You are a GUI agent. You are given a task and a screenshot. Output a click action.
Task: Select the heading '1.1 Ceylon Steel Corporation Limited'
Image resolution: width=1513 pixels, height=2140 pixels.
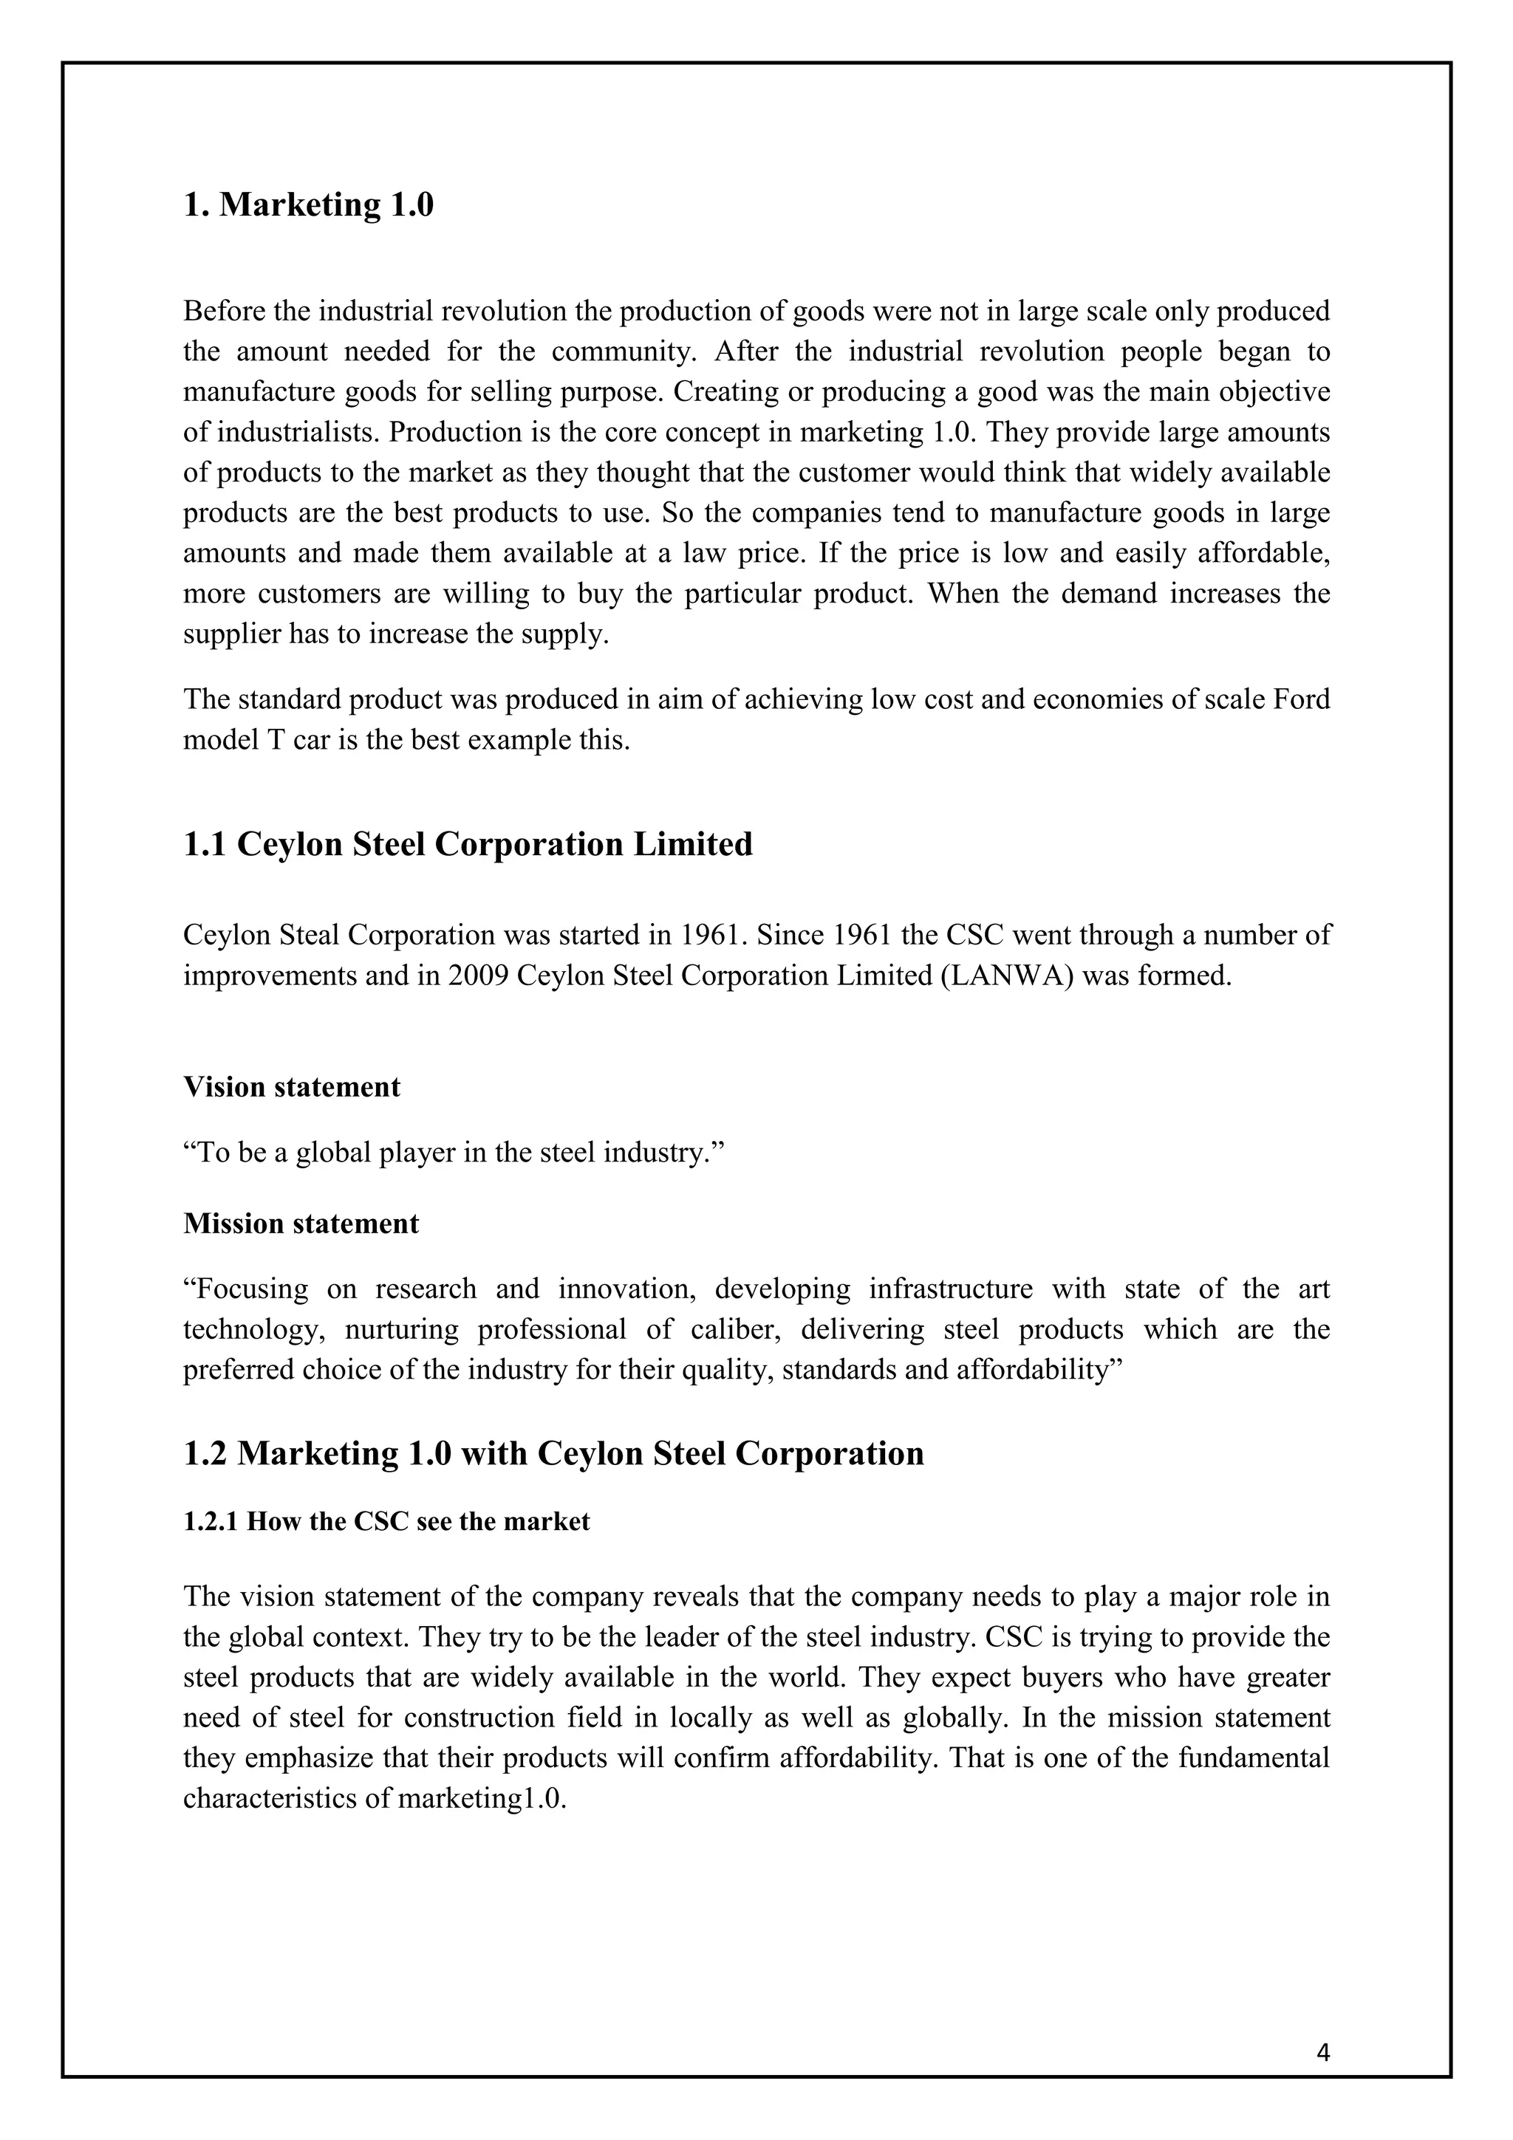(x=467, y=845)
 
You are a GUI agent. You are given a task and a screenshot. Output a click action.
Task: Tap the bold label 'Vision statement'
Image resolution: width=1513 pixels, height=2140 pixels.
(x=292, y=1087)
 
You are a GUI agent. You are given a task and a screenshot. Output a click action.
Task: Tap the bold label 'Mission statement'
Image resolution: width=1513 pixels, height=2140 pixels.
(x=301, y=1223)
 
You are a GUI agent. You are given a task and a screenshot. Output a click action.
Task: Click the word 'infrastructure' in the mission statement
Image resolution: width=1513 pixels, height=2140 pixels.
(x=950, y=1289)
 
